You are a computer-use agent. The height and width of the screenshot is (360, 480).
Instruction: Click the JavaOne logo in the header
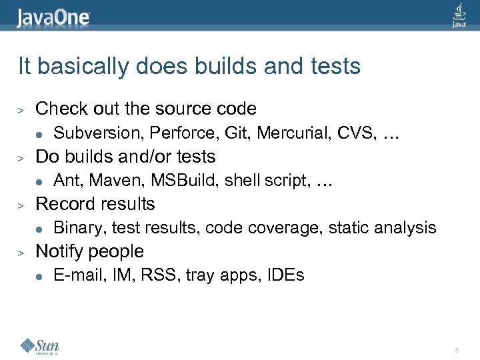pyautogui.click(x=53, y=16)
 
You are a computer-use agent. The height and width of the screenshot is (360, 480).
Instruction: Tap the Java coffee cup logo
pyautogui.click(x=459, y=15)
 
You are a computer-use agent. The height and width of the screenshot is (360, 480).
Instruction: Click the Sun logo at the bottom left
pyautogui.click(x=40, y=346)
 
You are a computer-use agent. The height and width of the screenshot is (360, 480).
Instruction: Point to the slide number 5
pyautogui.click(x=457, y=350)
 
